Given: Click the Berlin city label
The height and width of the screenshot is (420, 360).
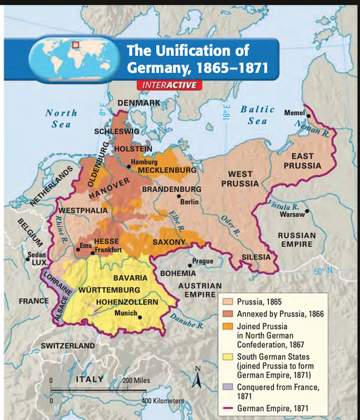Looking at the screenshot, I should [x=191, y=202].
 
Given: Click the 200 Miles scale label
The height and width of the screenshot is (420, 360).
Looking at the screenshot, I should [x=137, y=380].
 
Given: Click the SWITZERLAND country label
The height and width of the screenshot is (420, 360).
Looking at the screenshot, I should [x=68, y=346].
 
